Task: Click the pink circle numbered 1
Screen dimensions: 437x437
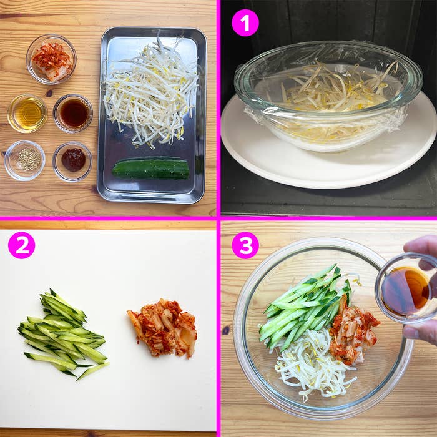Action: point(245,23)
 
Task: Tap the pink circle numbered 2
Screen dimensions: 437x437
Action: point(21,245)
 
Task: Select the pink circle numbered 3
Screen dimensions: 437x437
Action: point(245,245)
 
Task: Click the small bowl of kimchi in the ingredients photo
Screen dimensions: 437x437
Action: point(51,59)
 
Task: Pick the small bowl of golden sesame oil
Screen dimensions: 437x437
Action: point(27,113)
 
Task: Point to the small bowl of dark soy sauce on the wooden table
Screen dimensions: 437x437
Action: point(73,113)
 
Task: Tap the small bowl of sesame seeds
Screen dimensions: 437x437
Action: point(26,159)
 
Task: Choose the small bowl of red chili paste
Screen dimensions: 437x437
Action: point(73,160)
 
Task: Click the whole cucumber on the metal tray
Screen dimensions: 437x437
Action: point(150,169)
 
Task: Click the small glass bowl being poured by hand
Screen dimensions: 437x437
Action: point(406,288)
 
